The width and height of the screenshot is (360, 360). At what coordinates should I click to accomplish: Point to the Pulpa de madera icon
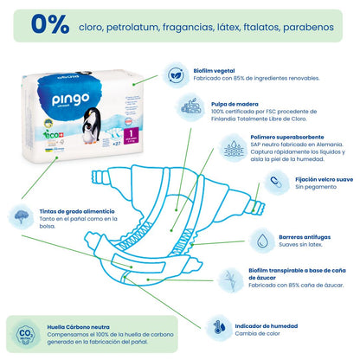190,107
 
